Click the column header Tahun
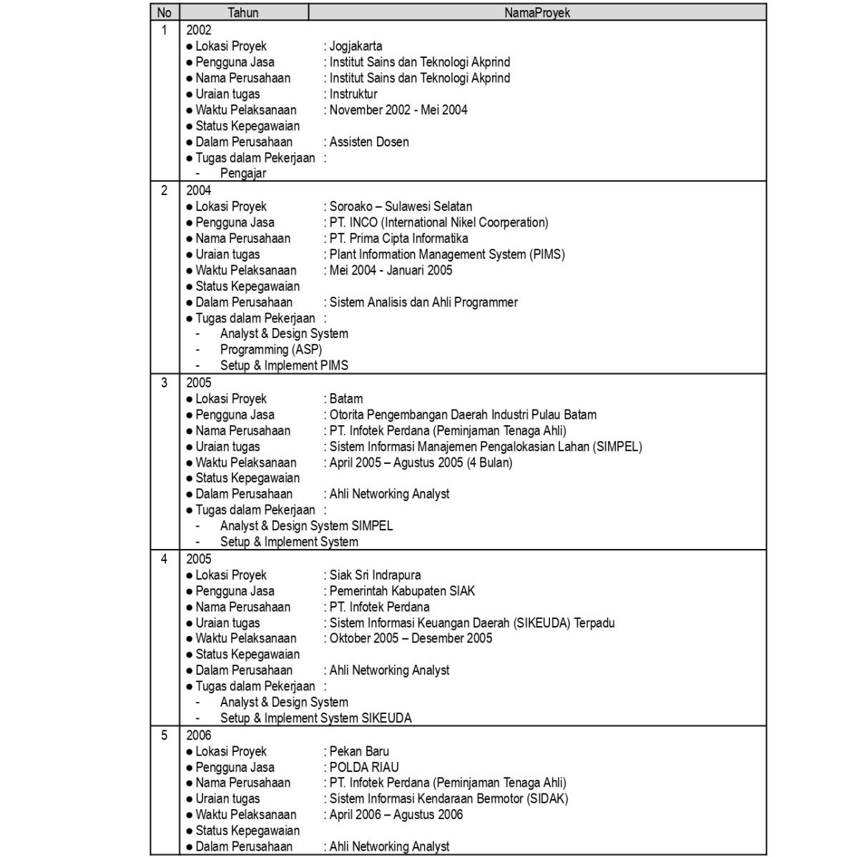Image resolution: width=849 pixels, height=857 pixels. (243, 12)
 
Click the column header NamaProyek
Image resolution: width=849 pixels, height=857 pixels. (536, 12)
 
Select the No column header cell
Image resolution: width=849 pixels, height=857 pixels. (165, 12)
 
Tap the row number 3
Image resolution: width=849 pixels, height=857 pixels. (165, 383)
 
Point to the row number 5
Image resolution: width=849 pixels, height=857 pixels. (165, 735)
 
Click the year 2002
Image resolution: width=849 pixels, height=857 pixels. (199, 30)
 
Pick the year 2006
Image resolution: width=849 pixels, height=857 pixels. (199, 735)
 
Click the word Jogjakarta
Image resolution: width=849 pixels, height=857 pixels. (355, 46)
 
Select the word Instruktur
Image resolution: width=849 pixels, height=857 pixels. (353, 94)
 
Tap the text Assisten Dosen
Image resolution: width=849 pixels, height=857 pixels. (369, 142)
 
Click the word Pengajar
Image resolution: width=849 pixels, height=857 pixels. (243, 174)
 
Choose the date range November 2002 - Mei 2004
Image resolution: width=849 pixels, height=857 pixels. (398, 110)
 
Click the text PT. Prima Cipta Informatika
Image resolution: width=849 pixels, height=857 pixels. (398, 239)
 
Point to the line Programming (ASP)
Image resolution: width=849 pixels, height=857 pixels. (271, 350)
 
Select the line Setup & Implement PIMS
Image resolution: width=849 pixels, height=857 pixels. (284, 366)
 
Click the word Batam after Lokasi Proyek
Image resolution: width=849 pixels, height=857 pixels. (346, 399)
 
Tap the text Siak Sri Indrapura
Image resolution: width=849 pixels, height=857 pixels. (375, 575)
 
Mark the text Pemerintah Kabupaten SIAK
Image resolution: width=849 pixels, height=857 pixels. (402, 591)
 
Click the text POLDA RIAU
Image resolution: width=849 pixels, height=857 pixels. (364, 768)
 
